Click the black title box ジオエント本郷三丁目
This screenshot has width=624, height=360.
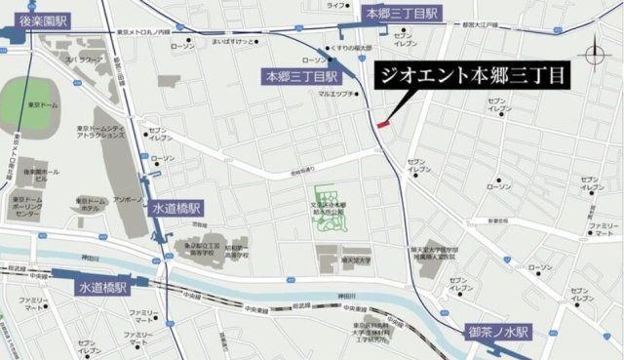coord(469,75)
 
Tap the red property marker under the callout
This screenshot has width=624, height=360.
coord(383,124)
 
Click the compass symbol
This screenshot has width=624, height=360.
coord(596,53)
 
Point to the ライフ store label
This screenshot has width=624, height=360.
coord(336,6)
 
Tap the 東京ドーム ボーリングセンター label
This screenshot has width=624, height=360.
coord(37,208)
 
